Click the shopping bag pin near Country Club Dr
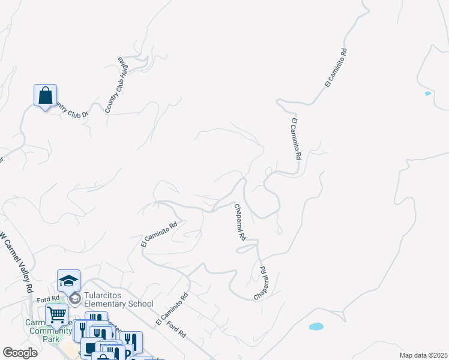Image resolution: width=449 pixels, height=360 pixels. point(45,95)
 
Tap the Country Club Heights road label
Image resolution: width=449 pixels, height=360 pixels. point(116,85)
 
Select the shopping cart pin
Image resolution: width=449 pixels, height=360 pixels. point(56,314)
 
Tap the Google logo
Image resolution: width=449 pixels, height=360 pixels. point(20,353)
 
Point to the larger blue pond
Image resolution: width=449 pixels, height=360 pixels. point(316,327)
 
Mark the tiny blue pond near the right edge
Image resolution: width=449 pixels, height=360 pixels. point(427,94)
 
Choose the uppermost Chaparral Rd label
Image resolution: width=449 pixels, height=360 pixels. point(240,222)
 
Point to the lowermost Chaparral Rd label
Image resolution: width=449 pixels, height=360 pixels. point(260,284)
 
